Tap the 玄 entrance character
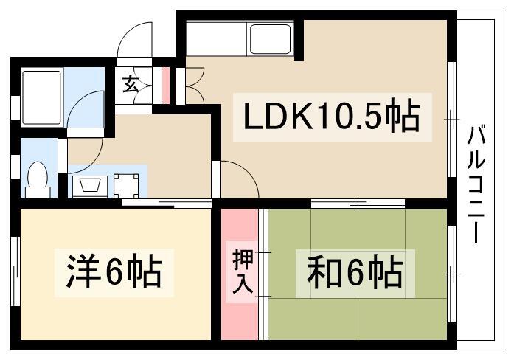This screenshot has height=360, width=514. click(x=130, y=85)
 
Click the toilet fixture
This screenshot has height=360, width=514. click(x=37, y=179)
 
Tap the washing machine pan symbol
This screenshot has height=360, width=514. click(x=125, y=184)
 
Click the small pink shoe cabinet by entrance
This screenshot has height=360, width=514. click(x=165, y=85)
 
